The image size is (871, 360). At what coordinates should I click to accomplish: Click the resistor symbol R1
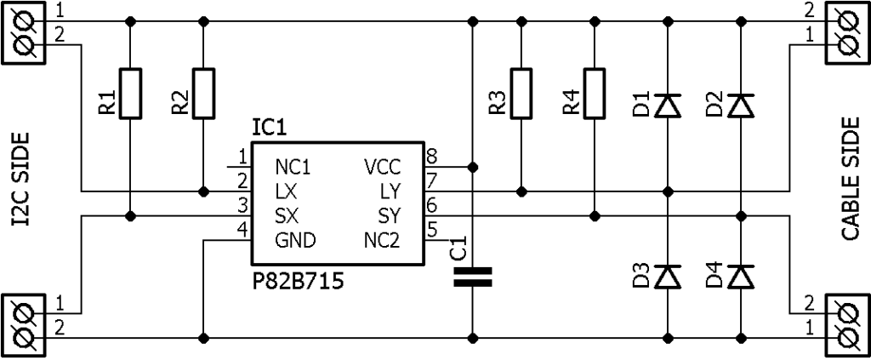[130, 93]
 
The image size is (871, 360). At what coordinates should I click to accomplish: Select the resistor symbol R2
[203, 93]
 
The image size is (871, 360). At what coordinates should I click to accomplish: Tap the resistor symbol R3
[521, 93]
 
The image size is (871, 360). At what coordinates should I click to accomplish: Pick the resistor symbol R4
[595, 93]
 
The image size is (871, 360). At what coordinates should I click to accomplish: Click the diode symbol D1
[669, 106]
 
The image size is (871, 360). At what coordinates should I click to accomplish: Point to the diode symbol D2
[743, 106]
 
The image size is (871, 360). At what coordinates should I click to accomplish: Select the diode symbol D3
[669, 277]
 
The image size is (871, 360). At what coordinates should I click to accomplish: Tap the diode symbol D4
[743, 277]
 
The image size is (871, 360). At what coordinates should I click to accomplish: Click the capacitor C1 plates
[473, 277]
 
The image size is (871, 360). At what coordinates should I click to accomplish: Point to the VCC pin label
[382, 167]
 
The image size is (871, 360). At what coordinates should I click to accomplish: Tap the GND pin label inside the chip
[295, 241]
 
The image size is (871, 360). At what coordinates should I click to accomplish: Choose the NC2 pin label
[382, 241]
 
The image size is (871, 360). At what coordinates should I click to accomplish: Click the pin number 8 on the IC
[431, 156]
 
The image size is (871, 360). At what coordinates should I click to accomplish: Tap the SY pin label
[389, 216]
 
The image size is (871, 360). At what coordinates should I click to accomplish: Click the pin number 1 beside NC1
[242, 156]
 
